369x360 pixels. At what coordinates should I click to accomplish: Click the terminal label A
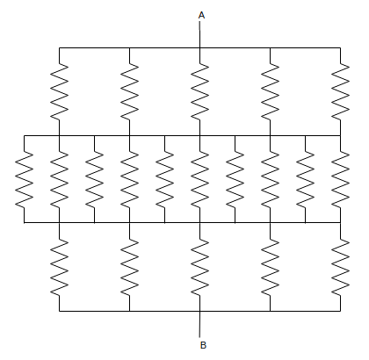[201, 15]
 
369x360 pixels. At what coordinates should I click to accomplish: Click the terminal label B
[203, 345]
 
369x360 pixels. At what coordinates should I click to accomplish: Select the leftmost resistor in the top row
[60, 91]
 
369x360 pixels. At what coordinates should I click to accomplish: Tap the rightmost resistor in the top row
[340, 91]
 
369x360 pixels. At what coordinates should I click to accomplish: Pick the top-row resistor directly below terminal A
[200, 91]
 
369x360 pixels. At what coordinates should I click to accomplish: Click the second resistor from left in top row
[130, 91]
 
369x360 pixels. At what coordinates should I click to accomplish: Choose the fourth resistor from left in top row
[270, 91]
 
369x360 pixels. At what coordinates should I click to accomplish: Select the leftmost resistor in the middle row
[25, 179]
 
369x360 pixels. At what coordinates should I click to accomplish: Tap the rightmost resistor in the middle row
[340, 179]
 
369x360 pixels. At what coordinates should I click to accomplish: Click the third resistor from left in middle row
[94, 179]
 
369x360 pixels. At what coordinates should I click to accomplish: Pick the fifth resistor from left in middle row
[164, 179]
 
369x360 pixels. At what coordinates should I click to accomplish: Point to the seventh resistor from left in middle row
[235, 179]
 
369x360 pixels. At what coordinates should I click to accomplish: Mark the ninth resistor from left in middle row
[306, 179]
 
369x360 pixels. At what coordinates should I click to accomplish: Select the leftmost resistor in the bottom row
[60, 267]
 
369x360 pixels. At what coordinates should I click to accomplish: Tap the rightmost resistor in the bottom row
[340, 267]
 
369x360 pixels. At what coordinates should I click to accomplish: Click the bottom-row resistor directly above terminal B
[200, 267]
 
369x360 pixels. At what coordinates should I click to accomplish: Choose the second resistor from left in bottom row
[130, 267]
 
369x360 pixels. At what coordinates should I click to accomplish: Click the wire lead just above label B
[200, 324]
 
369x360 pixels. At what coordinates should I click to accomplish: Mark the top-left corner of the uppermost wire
[60, 47]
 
